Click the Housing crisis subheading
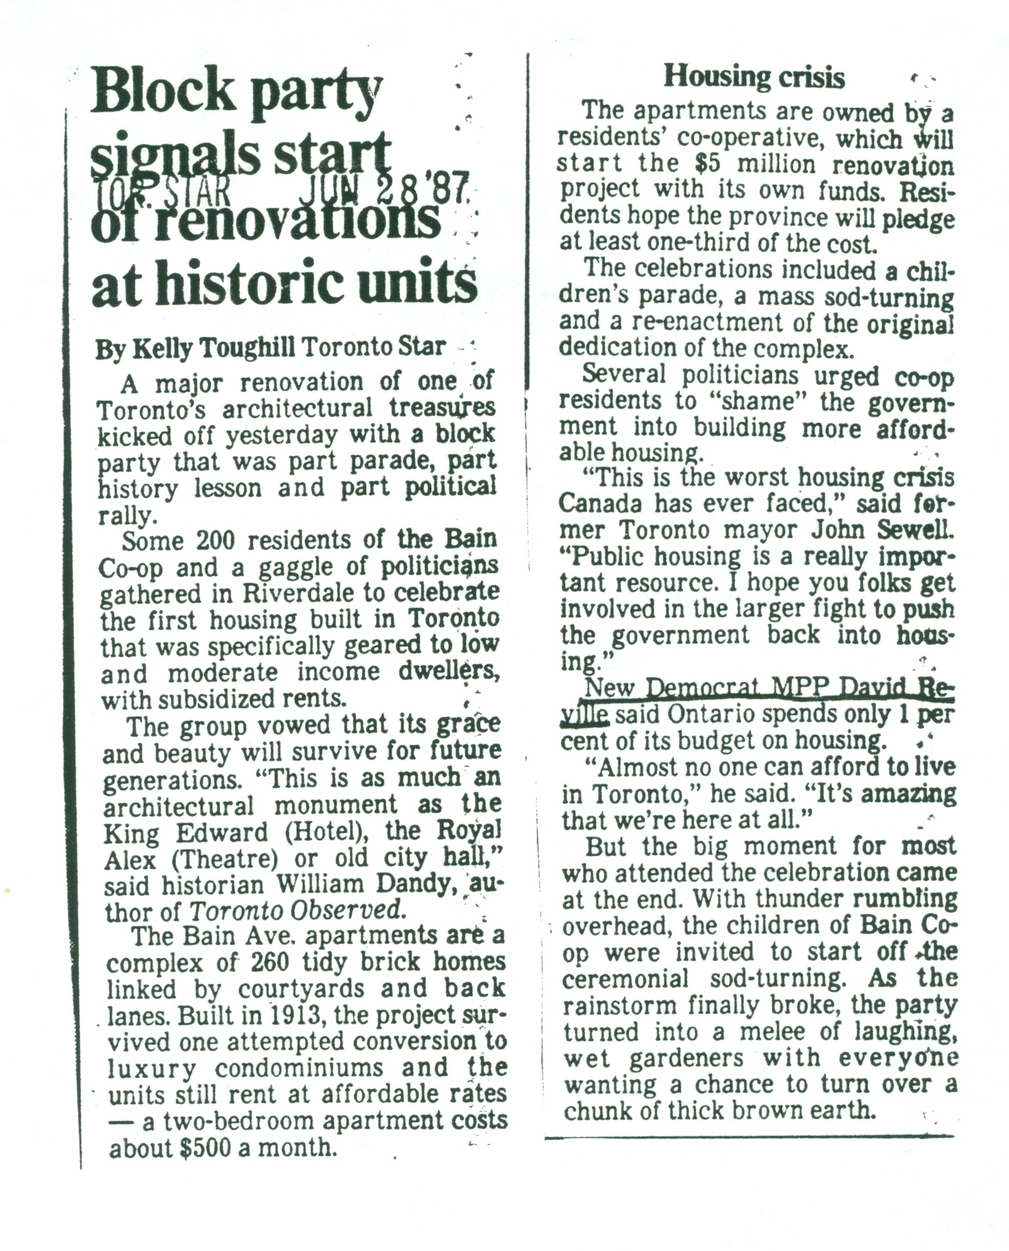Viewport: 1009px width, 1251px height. (x=754, y=77)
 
